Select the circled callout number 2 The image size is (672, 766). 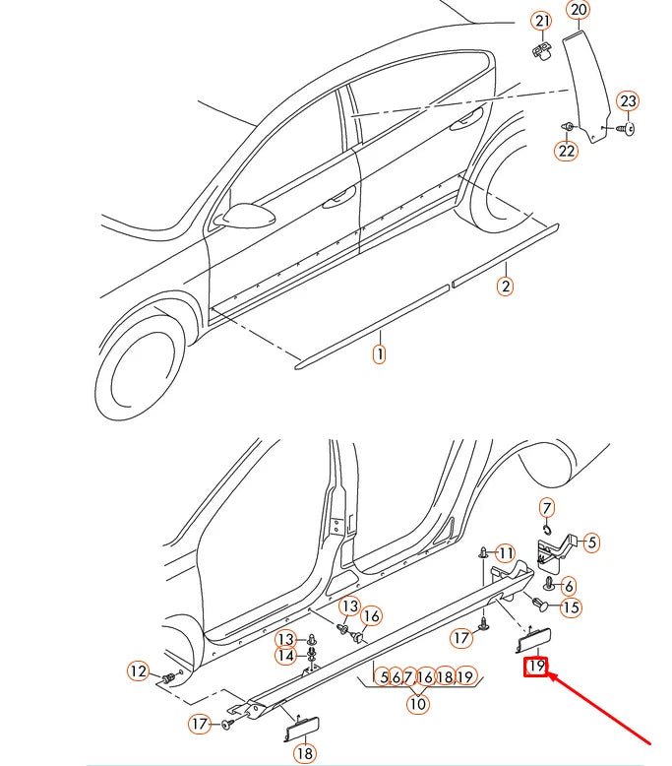click(x=505, y=287)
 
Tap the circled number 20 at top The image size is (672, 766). click(x=578, y=11)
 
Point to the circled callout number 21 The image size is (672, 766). click(x=542, y=21)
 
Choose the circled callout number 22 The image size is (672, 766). click(x=566, y=151)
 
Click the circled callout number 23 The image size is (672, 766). click(x=628, y=101)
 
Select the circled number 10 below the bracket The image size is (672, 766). click(x=419, y=704)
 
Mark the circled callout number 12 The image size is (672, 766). click(x=139, y=671)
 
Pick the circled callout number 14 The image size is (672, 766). click(x=285, y=656)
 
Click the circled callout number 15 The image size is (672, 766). click(x=570, y=607)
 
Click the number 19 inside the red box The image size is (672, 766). click(x=536, y=667)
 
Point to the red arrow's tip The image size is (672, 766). click(x=552, y=675)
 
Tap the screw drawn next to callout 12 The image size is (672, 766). click(x=170, y=678)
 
